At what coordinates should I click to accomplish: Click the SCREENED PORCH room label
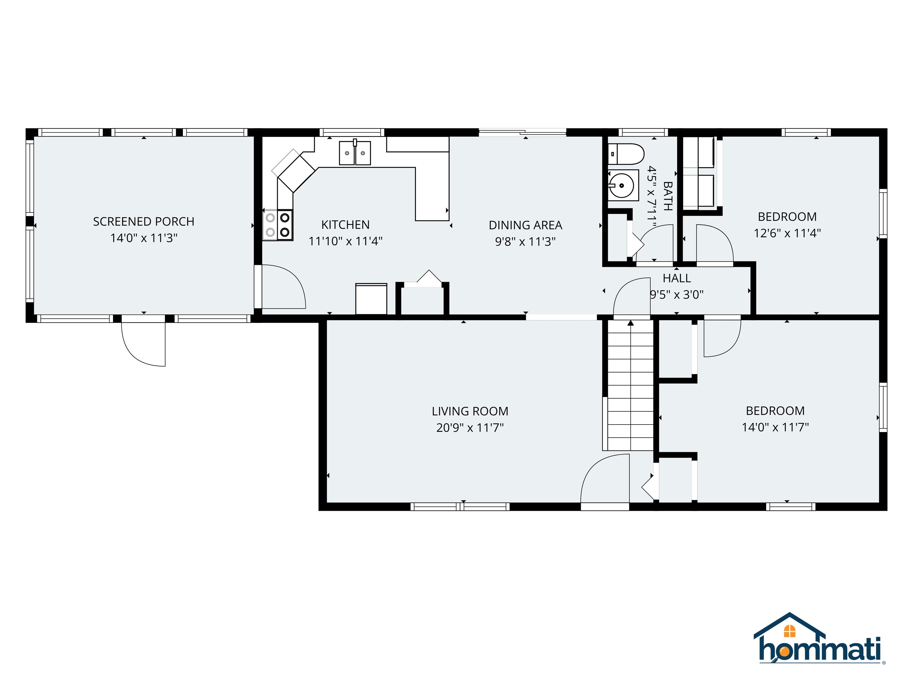(x=144, y=222)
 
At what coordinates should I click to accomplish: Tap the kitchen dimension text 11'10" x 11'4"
(x=345, y=241)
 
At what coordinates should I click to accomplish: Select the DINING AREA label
(x=525, y=225)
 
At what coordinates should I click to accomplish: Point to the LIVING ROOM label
(x=470, y=411)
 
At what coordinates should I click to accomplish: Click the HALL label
(x=676, y=278)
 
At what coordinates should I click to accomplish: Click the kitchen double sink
(x=355, y=153)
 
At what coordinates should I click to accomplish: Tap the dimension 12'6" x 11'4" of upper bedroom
(x=787, y=233)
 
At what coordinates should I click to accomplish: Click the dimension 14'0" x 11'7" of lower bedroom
(x=775, y=427)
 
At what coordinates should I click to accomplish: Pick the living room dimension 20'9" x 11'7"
(x=470, y=428)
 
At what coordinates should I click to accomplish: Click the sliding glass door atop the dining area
(x=522, y=133)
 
